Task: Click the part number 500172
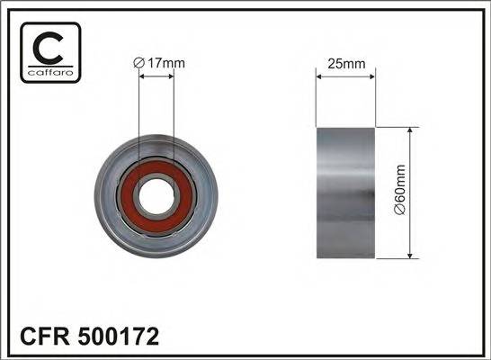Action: [119, 337]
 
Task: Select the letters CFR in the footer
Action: [40, 337]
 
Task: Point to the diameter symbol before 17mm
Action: [138, 62]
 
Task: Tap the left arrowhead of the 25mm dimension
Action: [319, 76]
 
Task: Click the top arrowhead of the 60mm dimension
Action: [411, 131]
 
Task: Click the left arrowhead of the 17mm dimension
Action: [141, 76]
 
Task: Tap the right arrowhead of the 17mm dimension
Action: [172, 76]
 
